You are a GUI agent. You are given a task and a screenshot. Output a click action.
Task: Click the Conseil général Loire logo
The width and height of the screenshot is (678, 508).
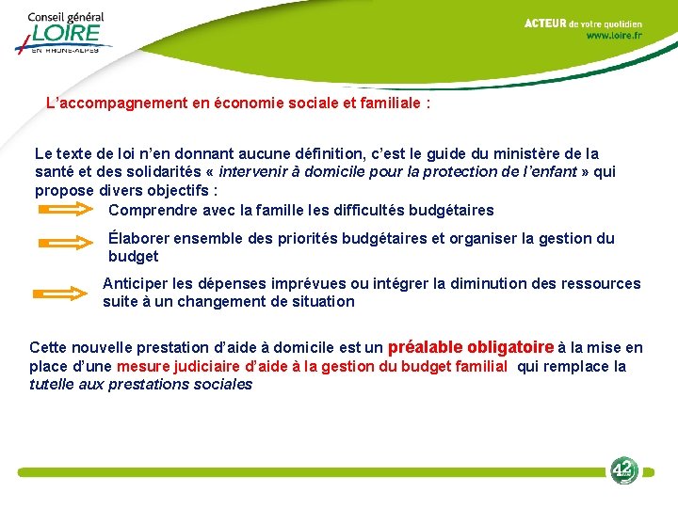64,33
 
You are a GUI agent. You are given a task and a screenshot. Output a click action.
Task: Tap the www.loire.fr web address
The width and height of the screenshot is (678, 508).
614,36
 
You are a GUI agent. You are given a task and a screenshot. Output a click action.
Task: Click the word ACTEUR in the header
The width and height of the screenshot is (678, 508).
545,23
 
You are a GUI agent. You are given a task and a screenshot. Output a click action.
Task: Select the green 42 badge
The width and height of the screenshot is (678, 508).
622,470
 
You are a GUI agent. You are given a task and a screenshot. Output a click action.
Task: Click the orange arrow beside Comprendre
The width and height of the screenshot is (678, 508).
69,211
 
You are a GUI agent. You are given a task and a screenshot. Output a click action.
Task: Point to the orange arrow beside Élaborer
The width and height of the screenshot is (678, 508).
69,242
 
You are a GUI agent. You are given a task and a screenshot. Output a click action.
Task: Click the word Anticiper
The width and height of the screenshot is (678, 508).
136,283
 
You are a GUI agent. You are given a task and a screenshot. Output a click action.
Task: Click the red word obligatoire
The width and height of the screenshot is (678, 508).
509,346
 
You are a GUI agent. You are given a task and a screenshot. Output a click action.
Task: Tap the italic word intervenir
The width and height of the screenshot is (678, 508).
254,171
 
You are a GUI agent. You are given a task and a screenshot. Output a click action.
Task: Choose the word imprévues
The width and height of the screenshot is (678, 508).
326,283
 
